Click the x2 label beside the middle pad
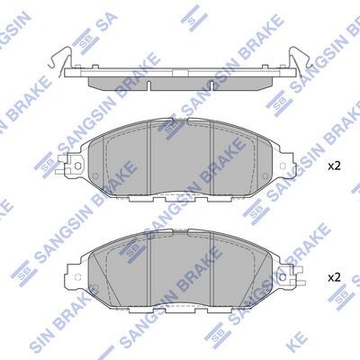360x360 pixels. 334,166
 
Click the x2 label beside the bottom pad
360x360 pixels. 334,277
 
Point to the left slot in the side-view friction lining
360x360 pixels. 148,85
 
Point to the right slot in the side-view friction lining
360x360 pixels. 211,85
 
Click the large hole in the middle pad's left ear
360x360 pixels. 77,166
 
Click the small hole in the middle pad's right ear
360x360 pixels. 283,166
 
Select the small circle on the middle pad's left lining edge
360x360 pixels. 95,176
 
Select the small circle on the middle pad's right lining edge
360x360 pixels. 265,176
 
